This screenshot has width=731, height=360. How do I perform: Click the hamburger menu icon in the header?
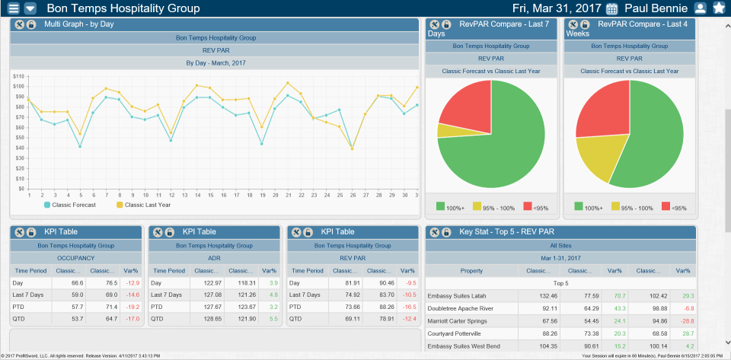point(12,8)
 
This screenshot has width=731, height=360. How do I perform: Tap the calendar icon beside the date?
point(611,9)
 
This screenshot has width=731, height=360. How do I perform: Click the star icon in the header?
point(718,8)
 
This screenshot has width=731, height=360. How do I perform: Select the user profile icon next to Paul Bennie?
point(701,8)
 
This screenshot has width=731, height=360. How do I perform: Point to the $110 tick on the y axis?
point(18,76)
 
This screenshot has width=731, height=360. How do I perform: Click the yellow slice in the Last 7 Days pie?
point(448,130)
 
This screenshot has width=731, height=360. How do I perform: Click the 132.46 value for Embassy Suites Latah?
point(537,295)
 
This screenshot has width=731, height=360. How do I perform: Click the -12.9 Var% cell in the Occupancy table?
point(131,283)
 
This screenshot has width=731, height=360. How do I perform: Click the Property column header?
point(471,271)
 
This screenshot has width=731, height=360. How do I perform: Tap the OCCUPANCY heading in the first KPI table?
point(75,258)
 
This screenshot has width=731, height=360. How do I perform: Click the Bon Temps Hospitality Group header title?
point(123,8)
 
